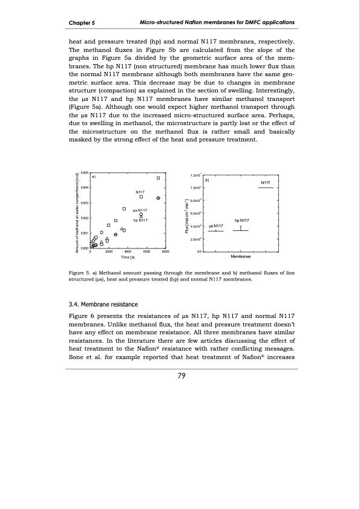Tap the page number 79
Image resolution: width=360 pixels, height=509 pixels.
click(180, 375)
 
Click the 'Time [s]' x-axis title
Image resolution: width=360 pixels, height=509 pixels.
click(128, 257)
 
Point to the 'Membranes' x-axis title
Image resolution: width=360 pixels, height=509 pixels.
click(241, 257)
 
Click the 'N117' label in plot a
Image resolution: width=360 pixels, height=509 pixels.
click(140, 192)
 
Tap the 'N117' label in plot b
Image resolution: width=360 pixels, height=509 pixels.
click(266, 183)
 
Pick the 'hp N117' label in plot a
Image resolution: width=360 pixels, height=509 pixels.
click(141, 221)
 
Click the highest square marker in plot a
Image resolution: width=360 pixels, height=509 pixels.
click(158, 178)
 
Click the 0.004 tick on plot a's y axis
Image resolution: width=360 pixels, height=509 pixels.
click(85, 188)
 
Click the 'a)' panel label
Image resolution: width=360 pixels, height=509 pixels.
click(94, 177)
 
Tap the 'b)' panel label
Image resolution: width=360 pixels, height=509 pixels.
click(207, 180)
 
